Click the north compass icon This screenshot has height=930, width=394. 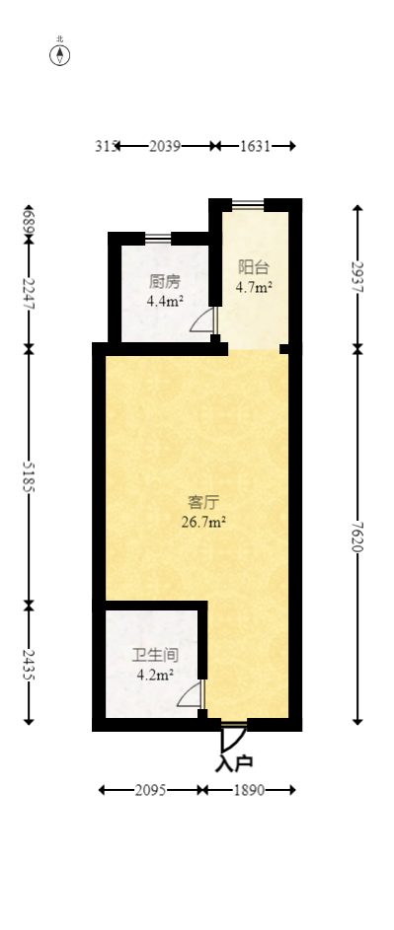click(x=60, y=54)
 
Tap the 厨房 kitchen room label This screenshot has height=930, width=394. click(x=165, y=281)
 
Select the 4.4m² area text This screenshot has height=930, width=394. click(x=165, y=302)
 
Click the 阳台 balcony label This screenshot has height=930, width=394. click(x=254, y=267)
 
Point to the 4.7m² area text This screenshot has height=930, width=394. click(x=254, y=288)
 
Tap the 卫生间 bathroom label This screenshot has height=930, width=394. click(x=155, y=654)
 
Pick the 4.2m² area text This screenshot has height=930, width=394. click(x=155, y=676)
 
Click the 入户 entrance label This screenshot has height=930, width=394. click(x=234, y=762)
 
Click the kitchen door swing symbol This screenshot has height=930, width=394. click(x=202, y=322)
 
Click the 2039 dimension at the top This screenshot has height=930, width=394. click(x=165, y=146)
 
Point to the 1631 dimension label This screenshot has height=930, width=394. click(x=255, y=146)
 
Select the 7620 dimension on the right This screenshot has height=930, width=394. click(x=357, y=537)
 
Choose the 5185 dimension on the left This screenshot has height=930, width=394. click(x=29, y=475)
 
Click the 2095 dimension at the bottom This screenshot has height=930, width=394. click(x=149, y=790)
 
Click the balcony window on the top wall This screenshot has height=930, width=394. click(x=247, y=204)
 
